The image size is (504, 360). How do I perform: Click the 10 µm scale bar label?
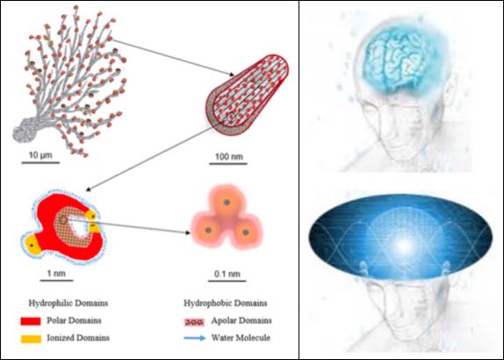pos(40,155)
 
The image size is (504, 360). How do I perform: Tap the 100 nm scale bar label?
pos(229,156)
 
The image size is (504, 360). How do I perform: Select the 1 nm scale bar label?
pos(56,274)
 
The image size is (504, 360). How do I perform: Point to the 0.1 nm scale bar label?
pos(227,274)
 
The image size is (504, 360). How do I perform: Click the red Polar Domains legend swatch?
pos(31,321)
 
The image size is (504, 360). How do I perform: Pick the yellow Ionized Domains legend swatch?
pos(31,339)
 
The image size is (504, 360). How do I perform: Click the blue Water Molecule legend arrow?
pos(195,338)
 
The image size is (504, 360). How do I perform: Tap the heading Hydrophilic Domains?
pos(68,303)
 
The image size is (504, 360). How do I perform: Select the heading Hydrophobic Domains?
pos(226,303)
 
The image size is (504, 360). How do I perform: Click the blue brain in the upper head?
pos(401,62)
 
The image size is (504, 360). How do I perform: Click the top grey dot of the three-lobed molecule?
pos(227,203)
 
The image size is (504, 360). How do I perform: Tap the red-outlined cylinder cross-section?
pos(247,95)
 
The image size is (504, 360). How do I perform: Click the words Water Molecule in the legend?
pos(241,338)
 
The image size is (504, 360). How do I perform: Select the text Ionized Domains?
pos(78,338)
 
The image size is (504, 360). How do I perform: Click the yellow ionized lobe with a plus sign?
pos(32,245)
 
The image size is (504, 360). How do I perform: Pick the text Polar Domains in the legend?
pos(74,320)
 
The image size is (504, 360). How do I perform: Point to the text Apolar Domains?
pos(241,320)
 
